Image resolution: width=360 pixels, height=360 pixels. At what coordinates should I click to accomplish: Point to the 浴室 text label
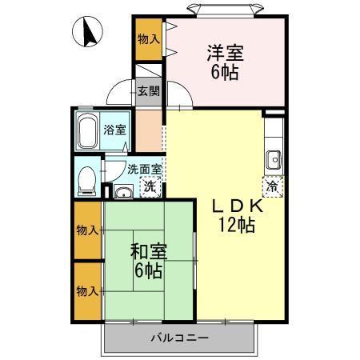[114, 130]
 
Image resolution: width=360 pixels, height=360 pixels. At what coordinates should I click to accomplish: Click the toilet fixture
[87, 179]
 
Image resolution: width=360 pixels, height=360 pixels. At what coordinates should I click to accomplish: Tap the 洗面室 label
[145, 169]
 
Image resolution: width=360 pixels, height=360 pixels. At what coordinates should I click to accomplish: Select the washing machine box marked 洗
[149, 187]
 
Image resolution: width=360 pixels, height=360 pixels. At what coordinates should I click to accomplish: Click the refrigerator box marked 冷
[273, 186]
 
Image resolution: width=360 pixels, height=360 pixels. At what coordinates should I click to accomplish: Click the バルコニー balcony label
[180, 338]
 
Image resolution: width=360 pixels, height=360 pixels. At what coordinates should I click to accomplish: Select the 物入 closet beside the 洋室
[149, 38]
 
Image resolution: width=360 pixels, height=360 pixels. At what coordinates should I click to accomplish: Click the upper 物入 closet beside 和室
[88, 230]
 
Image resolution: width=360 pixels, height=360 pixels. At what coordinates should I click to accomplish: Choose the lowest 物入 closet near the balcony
[88, 290]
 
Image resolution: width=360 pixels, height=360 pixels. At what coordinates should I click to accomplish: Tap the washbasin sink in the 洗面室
[122, 191]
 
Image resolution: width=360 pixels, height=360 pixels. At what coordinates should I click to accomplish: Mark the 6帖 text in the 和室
[147, 270]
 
